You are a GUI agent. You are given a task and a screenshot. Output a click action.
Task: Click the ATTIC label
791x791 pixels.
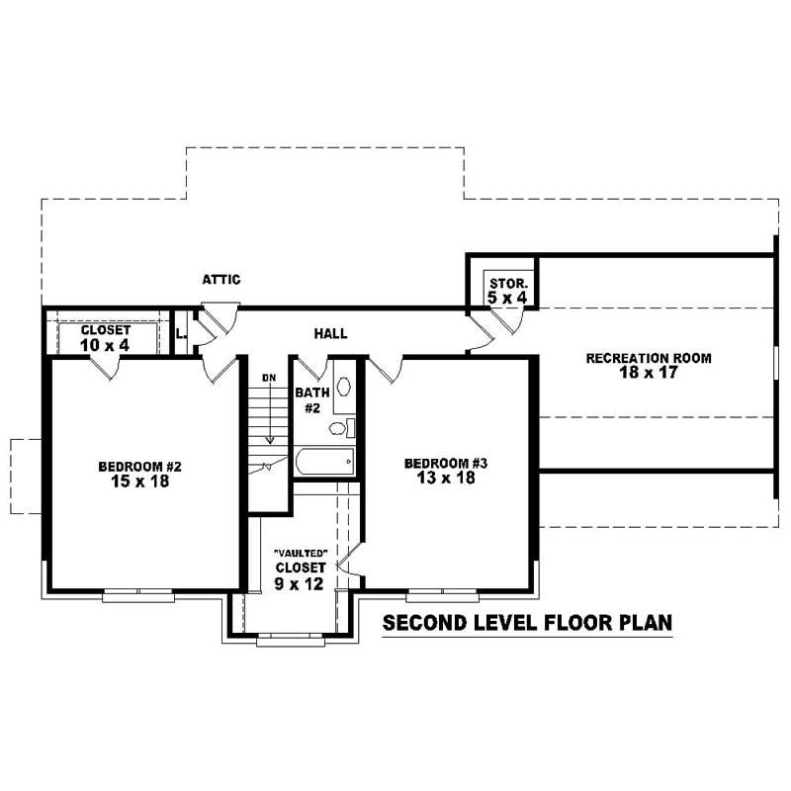(x=221, y=280)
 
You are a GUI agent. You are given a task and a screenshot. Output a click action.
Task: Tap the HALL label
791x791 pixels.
(x=330, y=334)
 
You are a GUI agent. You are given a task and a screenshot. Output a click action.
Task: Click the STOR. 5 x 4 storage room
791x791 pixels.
(x=501, y=289)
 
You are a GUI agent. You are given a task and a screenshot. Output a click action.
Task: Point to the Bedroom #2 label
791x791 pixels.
(x=139, y=467)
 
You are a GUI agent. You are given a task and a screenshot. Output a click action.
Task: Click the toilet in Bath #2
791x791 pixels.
(x=339, y=427)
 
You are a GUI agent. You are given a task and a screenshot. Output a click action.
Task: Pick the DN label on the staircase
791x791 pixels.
(x=268, y=378)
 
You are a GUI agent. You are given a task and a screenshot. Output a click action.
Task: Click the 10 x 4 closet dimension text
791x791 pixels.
(x=105, y=345)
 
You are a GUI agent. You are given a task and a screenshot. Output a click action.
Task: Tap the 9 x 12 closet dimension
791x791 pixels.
(x=301, y=583)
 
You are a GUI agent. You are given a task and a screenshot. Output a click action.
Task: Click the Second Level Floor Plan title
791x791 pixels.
(x=527, y=623)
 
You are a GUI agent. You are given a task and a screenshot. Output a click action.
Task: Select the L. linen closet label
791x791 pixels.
(x=180, y=334)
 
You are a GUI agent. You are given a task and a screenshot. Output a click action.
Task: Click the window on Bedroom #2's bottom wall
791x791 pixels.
(x=137, y=593)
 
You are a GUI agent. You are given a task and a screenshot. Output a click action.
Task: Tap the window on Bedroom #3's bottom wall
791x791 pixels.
(x=441, y=594)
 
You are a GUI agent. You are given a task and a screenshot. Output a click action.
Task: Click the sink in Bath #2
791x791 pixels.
(x=343, y=386)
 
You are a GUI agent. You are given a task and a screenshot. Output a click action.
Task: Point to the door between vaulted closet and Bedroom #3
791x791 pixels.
(x=346, y=567)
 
